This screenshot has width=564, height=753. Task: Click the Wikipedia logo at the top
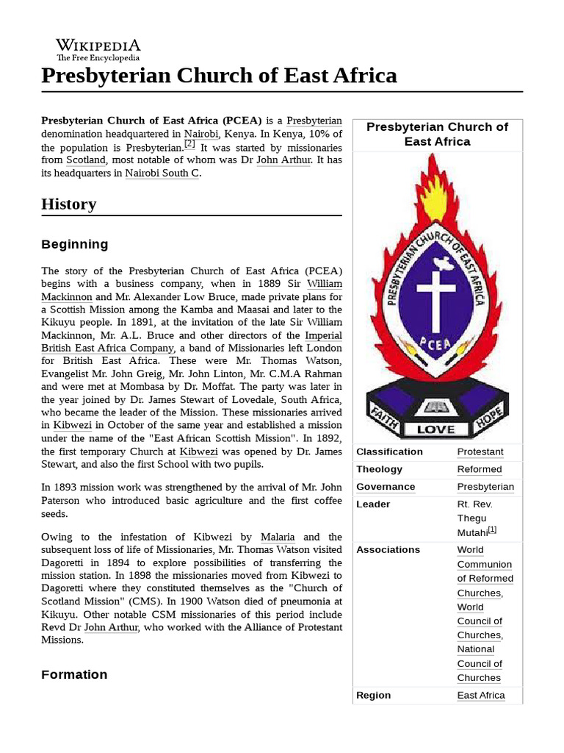coord(98,49)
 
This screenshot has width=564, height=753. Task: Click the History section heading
coord(68,204)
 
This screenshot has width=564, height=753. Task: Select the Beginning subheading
coord(74,244)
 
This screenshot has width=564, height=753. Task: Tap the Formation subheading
coord(74,674)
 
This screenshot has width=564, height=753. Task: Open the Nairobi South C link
coord(162,174)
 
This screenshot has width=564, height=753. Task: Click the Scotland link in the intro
coord(86,160)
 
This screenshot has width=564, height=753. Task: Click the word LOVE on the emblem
coord(436,429)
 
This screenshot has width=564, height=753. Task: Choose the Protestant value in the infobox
coord(480,452)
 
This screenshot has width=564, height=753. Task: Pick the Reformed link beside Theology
coord(480,469)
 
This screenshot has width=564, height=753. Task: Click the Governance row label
coord(386,487)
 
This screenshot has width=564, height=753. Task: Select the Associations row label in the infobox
coord(388,549)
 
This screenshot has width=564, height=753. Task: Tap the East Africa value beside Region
coord(481,695)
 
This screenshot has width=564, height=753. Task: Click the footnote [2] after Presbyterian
coord(189,144)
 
